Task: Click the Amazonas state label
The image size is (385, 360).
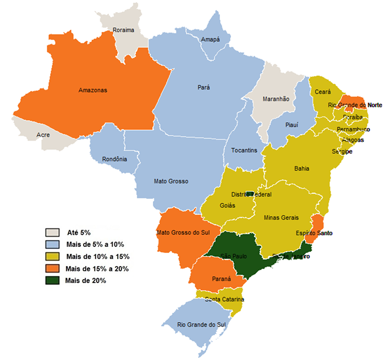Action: tap(92, 90)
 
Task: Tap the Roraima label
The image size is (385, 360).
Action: tap(123, 30)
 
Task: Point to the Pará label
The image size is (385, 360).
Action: tap(204, 87)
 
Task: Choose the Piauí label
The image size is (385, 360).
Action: tap(291, 125)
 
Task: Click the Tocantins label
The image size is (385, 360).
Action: tap(244, 151)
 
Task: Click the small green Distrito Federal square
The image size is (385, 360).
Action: tap(250, 193)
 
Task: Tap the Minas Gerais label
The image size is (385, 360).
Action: tap(282, 218)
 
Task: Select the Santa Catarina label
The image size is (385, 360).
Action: tap(224, 300)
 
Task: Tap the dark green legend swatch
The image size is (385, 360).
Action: tap(53, 280)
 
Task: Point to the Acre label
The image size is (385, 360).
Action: tap(43, 135)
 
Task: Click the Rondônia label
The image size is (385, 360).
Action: tap(114, 159)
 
